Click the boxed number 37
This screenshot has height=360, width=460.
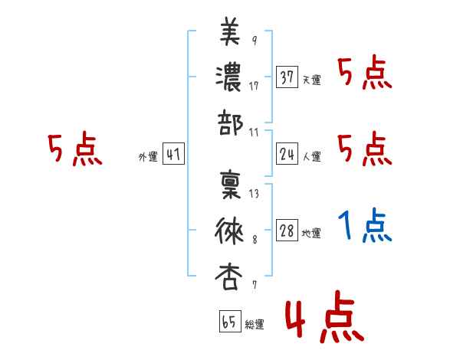[287, 78]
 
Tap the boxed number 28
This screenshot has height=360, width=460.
[287, 231]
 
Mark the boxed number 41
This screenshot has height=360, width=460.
[173, 155]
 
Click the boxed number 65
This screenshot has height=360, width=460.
[228, 322]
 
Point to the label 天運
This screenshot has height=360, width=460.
[311, 80]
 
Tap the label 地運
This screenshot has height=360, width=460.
[311, 233]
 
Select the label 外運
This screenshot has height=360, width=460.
[147, 157]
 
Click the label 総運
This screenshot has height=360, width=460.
[254, 324]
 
